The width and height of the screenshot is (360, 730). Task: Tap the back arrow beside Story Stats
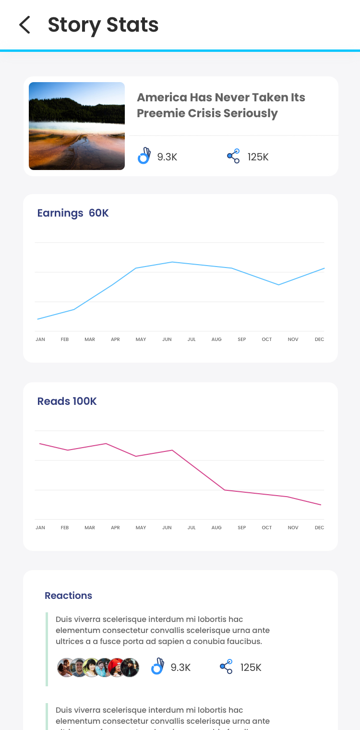coord(24,24)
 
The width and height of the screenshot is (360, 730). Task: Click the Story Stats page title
coord(103,25)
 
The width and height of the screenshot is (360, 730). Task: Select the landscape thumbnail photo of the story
coord(77,126)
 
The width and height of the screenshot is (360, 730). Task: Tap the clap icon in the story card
coord(144,156)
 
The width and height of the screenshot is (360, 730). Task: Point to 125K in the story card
coord(258,157)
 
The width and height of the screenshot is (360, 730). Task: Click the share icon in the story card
coord(233,156)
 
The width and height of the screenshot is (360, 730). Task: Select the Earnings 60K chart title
coord(73,213)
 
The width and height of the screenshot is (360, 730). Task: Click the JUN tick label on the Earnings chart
coord(167,340)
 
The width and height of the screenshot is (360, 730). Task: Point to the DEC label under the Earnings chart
coord(319,340)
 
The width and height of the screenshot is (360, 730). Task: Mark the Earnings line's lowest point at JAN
coord(38,319)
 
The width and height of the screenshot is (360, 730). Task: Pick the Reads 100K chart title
coord(67,401)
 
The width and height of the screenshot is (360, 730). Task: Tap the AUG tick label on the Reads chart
coord(216,528)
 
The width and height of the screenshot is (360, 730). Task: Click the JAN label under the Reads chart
coord(40,528)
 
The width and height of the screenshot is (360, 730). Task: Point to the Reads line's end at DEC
coord(321,505)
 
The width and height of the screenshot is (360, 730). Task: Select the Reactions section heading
coord(68,596)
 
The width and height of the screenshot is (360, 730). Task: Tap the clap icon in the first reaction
coord(157,667)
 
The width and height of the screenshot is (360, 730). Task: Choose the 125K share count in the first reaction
coord(251,668)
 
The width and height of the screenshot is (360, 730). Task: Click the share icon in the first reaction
coord(226,667)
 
